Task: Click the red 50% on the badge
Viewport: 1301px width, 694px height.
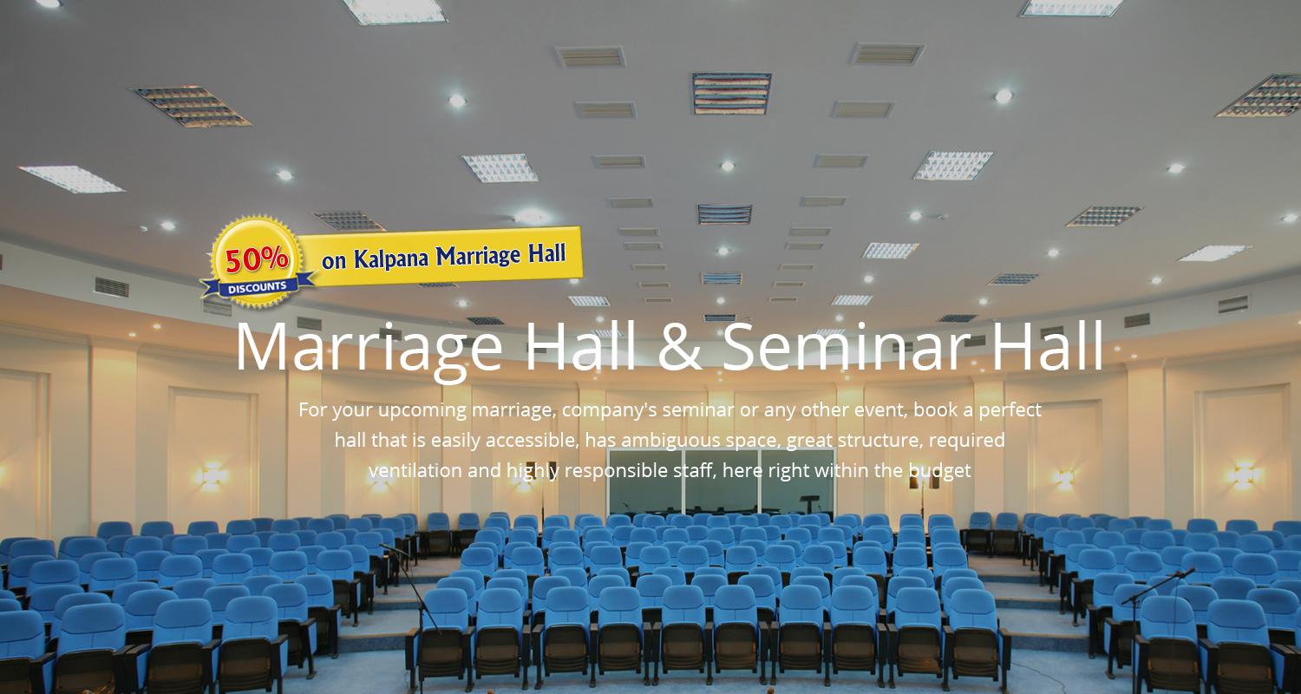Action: (x=257, y=259)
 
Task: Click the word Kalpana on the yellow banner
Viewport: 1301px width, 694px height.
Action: (x=391, y=258)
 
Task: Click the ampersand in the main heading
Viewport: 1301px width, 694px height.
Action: (x=680, y=346)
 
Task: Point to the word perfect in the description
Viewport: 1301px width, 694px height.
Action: (x=1010, y=410)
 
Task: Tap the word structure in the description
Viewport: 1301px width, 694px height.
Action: (x=882, y=440)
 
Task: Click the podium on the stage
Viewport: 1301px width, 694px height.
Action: (x=807, y=503)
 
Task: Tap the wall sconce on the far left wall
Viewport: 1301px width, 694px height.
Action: (x=212, y=475)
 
